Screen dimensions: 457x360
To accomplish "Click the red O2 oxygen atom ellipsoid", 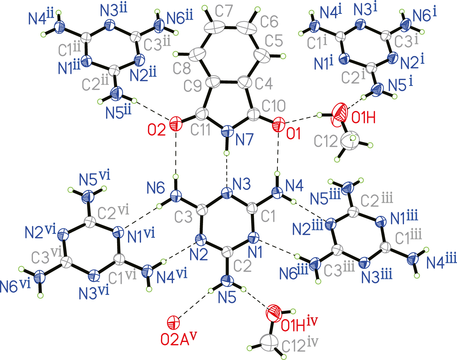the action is click(176, 124).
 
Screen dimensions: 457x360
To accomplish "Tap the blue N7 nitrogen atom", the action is click(227, 132).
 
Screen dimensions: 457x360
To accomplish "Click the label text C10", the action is click(273, 106).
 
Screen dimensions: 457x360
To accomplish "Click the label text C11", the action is click(200, 130).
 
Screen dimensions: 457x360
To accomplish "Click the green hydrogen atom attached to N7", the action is click(227, 153).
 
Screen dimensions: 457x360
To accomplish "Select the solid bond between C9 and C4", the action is click(230, 81).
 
